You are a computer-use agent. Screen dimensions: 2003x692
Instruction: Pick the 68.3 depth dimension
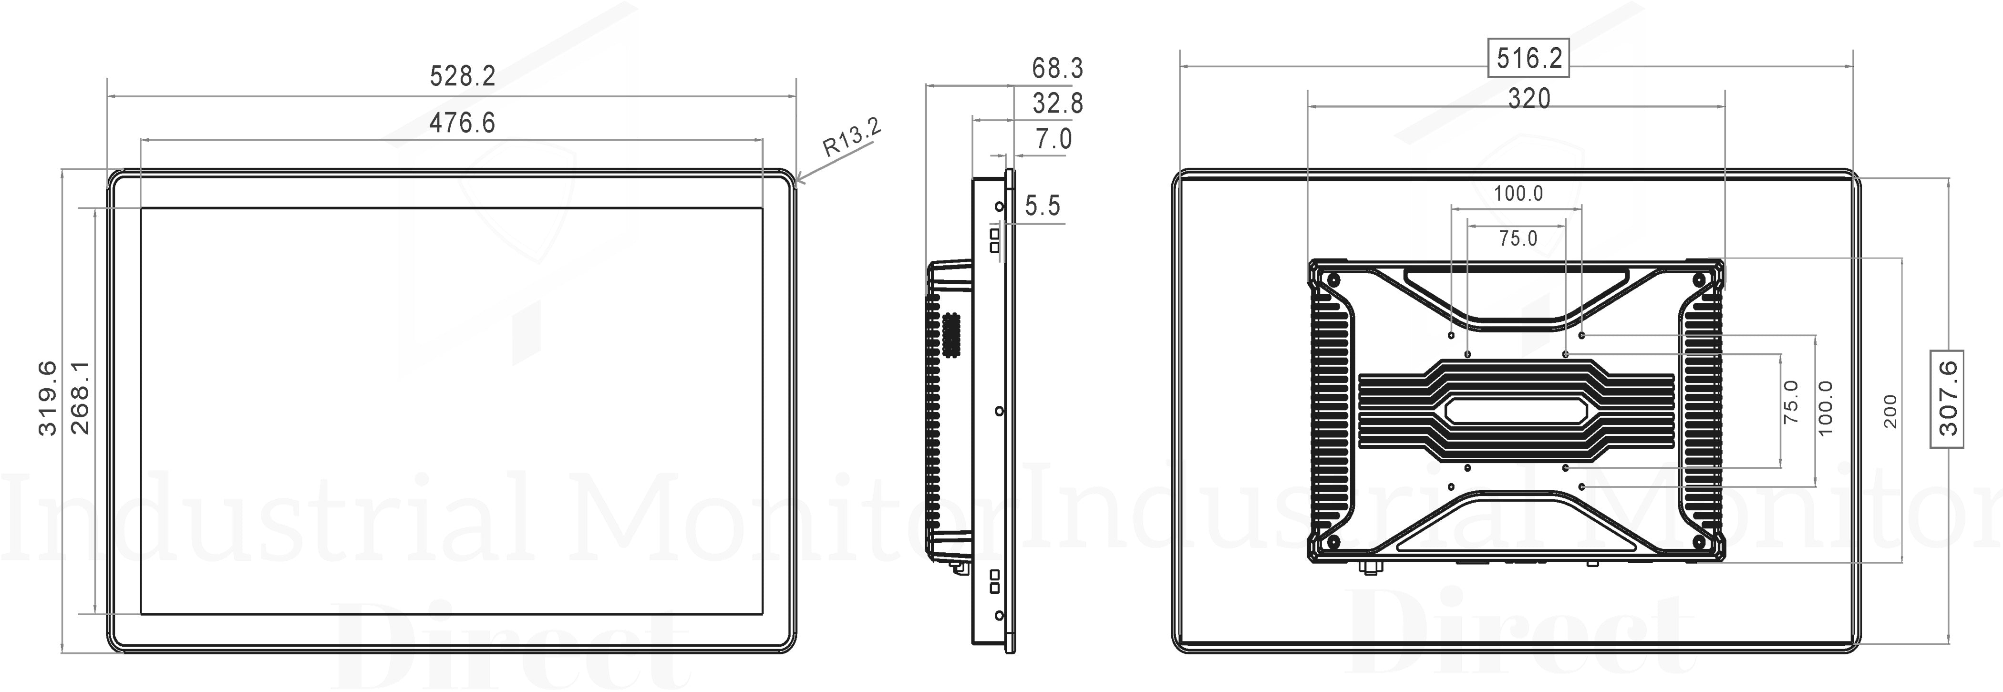coord(1057,68)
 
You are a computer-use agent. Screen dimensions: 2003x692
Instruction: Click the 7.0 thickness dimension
coord(1053,139)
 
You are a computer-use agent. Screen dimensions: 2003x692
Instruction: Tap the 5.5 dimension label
coord(1043,206)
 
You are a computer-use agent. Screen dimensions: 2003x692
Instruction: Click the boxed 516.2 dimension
coord(1528,58)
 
